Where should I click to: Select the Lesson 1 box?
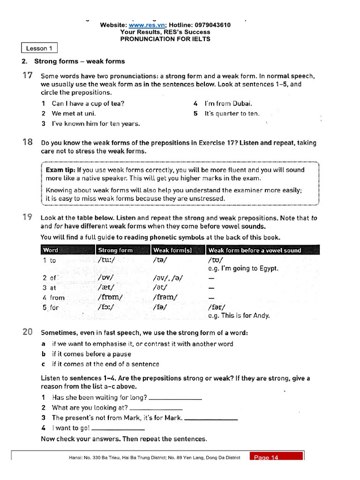(x=39, y=48)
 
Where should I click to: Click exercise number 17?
(x=27, y=75)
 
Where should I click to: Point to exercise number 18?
(x=27, y=142)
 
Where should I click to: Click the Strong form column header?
(x=115, y=250)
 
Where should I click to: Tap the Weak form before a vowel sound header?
(x=255, y=250)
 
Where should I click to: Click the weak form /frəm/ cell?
(x=165, y=297)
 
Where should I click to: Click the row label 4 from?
(x=53, y=297)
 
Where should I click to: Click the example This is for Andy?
(x=239, y=315)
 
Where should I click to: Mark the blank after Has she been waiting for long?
(x=175, y=398)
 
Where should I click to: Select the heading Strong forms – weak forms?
(x=83, y=61)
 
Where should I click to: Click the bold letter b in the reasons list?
(x=43, y=354)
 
